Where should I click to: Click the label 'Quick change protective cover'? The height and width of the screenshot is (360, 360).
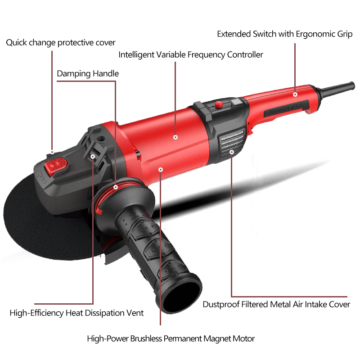pos(61,43)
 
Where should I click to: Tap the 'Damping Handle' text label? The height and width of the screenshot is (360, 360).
pos(88,74)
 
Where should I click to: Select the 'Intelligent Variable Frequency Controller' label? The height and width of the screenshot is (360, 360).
pos(190,55)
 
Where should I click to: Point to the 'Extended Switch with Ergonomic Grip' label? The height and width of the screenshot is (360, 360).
pos(285,34)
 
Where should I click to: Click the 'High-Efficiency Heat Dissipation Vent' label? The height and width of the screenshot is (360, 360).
pos(76,313)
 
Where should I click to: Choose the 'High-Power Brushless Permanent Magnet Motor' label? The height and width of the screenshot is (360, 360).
pos(171,339)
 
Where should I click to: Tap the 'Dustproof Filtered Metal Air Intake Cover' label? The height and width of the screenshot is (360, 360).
pos(276,305)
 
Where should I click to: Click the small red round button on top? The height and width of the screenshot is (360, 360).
pos(219,104)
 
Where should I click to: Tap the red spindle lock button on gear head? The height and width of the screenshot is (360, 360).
pos(56,166)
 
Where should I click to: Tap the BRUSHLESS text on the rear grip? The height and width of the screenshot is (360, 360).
pos(286,108)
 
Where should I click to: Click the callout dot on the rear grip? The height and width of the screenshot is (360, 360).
pos(295,94)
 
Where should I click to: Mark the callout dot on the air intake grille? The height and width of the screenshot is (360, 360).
pos(232,152)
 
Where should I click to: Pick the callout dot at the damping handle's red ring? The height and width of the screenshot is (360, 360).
pos(116,187)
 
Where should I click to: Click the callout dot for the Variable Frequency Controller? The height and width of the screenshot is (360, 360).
pos(175,137)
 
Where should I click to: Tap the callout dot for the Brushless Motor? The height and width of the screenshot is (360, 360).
pos(161,170)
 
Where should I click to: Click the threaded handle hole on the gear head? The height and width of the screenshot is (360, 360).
pos(101,138)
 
